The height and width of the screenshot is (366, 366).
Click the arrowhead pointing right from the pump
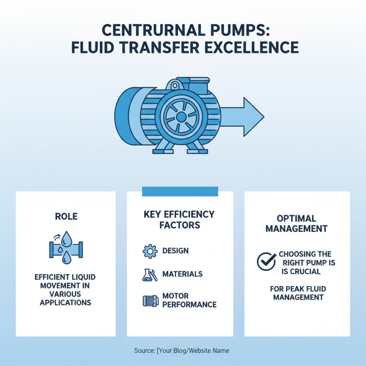[253, 116]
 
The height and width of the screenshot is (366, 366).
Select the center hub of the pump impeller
[181, 118]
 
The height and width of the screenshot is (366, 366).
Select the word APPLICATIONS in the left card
[65, 302]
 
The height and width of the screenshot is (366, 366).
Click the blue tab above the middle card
[180, 191]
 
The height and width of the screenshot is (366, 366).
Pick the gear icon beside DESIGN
[150, 251]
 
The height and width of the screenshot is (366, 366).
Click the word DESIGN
[175, 251]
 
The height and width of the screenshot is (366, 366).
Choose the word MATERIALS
[183, 274]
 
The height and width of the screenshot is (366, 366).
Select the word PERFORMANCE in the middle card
[189, 305]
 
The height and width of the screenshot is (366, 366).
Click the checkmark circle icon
[265, 262]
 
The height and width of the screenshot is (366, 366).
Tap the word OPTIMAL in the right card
[296, 219]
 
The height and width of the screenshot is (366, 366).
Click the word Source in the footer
[145, 350]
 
